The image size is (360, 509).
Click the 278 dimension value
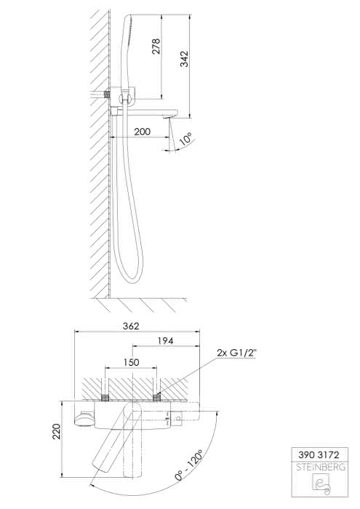tap(156, 46)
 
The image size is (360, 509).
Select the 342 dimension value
tap(185, 59)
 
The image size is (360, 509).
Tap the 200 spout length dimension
tap(143, 132)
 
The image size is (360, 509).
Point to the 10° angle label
tap(185, 139)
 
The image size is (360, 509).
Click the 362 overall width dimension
tap(131, 326)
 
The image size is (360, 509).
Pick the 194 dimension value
tap(166, 341)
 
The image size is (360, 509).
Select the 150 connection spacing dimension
tap(131, 362)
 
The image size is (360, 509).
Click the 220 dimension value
tap(57, 431)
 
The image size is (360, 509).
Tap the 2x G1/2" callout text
tap(237, 353)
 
